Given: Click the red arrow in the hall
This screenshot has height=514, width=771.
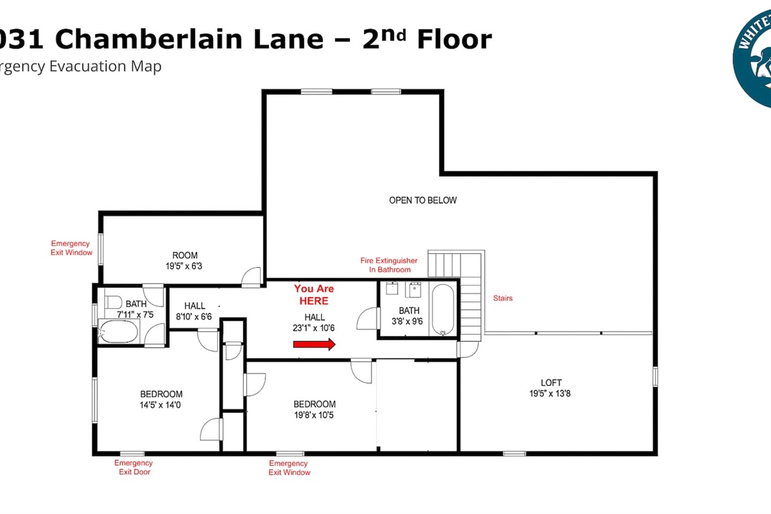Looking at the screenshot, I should pyautogui.click(x=314, y=344).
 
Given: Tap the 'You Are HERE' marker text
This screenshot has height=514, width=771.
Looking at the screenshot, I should pyautogui.click(x=314, y=295).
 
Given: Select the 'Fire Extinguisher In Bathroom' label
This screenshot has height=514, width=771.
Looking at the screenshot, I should pyautogui.click(x=389, y=265).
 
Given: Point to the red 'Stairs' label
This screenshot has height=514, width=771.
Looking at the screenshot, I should pyautogui.click(x=502, y=298).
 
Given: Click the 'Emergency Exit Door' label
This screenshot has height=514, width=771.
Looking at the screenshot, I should pyautogui.click(x=134, y=467).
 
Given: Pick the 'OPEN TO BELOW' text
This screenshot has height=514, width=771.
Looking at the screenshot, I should pyautogui.click(x=423, y=200).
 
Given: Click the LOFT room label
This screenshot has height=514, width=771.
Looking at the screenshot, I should pyautogui.click(x=551, y=388).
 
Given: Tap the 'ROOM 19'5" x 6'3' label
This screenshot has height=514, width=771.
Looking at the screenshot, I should pyautogui.click(x=184, y=260).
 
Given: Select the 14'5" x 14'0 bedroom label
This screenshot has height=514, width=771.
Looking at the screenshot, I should pyautogui.click(x=161, y=399).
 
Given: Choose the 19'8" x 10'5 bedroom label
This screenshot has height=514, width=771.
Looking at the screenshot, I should pyautogui.click(x=315, y=409).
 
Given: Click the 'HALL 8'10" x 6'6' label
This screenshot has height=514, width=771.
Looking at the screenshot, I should pyautogui.click(x=195, y=311).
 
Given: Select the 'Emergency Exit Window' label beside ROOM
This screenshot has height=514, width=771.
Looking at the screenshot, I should pyautogui.click(x=72, y=248).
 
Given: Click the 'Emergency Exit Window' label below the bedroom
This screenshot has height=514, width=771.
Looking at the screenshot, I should pyautogui.click(x=289, y=468).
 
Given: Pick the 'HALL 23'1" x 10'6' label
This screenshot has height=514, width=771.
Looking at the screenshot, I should pyautogui.click(x=314, y=322).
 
